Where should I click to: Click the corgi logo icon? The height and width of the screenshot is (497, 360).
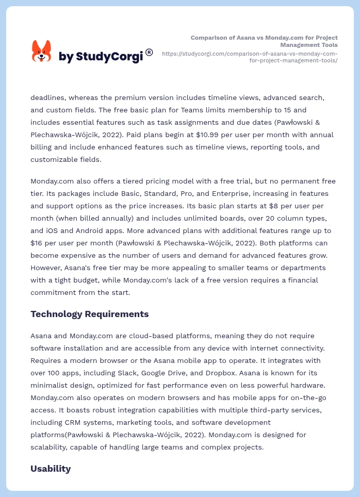point(42,52)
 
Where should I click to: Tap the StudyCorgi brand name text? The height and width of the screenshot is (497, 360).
point(101,57)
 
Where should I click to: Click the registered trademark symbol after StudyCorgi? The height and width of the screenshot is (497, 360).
point(149,52)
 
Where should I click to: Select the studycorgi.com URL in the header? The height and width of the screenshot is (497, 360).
point(250,57)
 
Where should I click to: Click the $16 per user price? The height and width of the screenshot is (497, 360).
point(37,243)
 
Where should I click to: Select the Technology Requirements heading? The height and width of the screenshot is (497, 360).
point(89,314)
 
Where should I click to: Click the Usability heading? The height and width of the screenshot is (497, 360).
point(51,469)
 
